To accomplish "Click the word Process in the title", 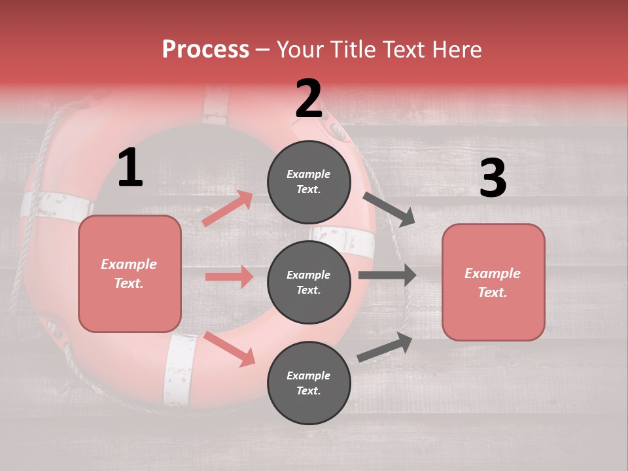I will pos(205,49).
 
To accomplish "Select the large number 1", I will pos(130,168).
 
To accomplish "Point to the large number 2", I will pos(309,99).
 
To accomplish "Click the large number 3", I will pos(493,179).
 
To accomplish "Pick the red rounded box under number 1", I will pos(130,273).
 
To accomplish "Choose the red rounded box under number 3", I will pos(493,282).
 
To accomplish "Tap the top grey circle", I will pos(309,182).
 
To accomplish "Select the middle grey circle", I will pos(309,282).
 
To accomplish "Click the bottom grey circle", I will pos(309,383).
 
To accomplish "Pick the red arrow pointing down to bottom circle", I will pos(230,349).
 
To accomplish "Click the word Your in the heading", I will pos(302,49).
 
